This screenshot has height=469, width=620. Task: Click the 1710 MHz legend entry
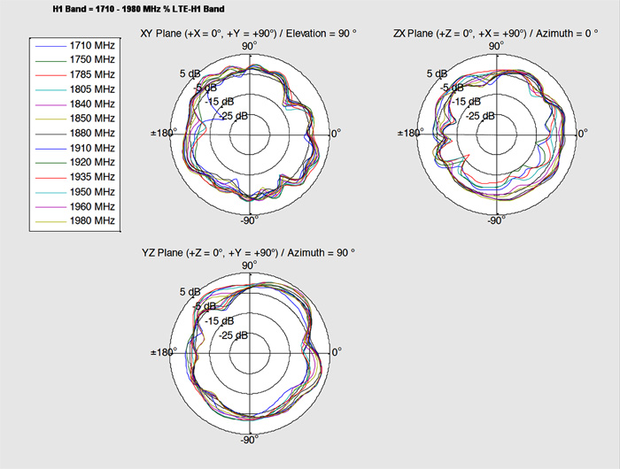(x=92, y=45)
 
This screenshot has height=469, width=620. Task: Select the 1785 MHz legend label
(x=92, y=74)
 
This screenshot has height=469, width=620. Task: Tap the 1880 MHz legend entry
(x=92, y=133)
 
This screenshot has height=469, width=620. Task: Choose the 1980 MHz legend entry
(x=92, y=220)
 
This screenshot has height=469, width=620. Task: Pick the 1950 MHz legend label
(x=92, y=192)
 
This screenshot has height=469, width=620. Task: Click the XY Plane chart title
(x=248, y=34)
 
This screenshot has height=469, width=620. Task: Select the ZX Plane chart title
(x=495, y=34)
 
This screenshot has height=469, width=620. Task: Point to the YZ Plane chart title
(x=248, y=252)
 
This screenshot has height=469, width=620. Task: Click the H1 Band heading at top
(x=138, y=8)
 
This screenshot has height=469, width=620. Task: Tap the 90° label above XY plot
(x=250, y=46)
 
